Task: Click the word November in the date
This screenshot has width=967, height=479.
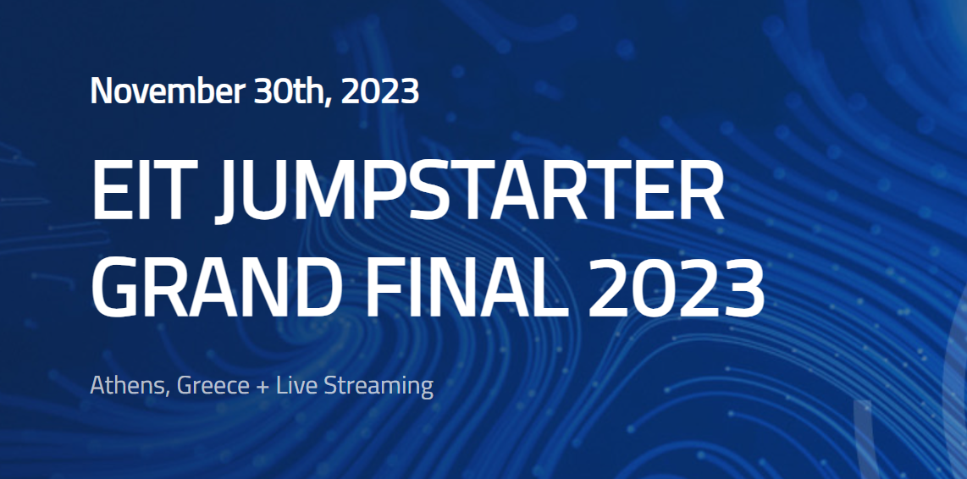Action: (168, 91)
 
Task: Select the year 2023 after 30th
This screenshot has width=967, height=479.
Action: (380, 91)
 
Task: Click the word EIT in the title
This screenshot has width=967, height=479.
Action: (145, 190)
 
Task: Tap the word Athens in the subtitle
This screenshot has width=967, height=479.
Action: (130, 387)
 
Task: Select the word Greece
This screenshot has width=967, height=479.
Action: (213, 387)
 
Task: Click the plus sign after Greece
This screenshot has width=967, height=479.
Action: (262, 387)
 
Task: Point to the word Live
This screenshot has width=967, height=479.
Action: (296, 386)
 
